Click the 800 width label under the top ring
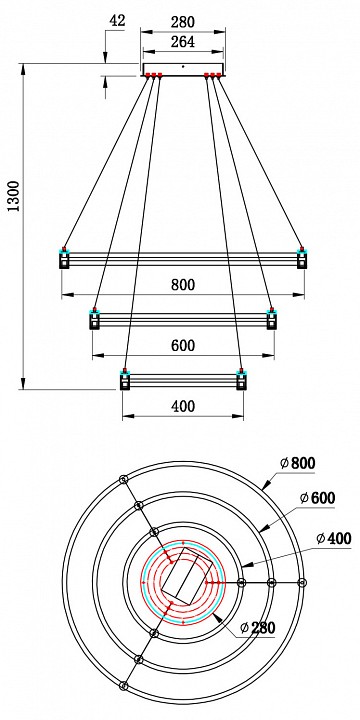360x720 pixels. click(182, 284)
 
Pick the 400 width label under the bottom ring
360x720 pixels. click(182, 406)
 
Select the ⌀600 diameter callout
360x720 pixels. click(319, 498)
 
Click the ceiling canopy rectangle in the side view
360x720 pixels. click(183, 68)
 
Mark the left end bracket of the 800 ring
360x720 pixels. click(65, 259)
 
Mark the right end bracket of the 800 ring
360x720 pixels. click(300, 259)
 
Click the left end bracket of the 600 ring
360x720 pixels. click(95, 320)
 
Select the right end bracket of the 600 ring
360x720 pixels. click(270, 320)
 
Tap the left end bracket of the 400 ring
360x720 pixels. click(125, 381)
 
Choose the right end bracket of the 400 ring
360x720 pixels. click(240, 381)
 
